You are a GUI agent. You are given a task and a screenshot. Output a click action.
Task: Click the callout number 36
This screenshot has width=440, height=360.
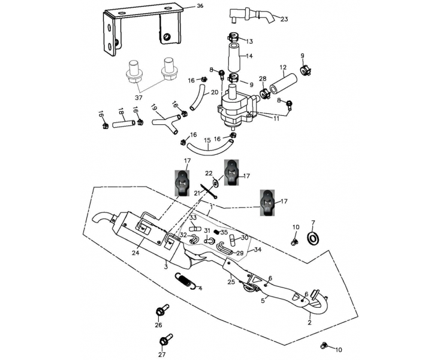pyautogui.click(x=200, y=7)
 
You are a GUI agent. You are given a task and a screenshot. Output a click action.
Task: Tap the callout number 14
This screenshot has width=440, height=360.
pyautogui.click(x=249, y=56)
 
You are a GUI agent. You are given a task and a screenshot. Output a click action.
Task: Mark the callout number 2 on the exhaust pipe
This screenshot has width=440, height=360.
pyautogui.click(x=309, y=322)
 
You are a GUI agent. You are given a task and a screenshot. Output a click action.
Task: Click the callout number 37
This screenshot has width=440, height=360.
pyautogui.click(x=138, y=98)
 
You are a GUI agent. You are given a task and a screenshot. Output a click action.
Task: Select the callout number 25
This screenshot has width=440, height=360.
pyautogui.click(x=231, y=281)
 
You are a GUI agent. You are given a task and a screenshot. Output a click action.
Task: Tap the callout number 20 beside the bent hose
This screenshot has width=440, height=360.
pyautogui.click(x=215, y=92)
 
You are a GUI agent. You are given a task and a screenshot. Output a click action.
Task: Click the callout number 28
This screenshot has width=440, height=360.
pyautogui.click(x=263, y=79)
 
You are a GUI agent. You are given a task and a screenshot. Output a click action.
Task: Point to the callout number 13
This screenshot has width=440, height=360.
pyautogui.click(x=249, y=41)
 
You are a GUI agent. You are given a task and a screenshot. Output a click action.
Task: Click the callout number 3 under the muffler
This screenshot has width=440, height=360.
pyautogui.click(x=166, y=266)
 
